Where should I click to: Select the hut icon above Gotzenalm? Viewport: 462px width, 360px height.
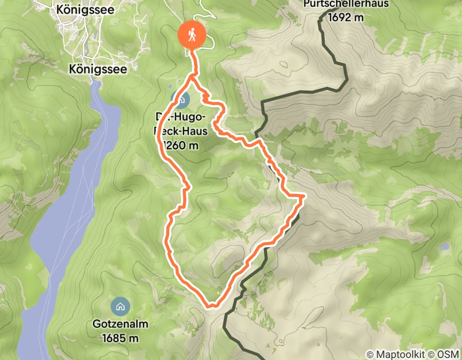tap(120, 307)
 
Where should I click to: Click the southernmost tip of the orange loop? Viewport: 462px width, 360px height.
tap(210, 307)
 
